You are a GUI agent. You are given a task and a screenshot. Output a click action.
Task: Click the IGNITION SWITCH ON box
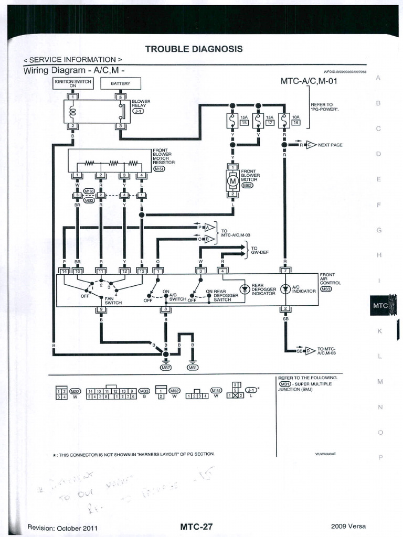(73, 83)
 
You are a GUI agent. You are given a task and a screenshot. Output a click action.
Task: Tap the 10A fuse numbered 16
(284, 122)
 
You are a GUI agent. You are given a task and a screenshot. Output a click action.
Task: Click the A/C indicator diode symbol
(285, 289)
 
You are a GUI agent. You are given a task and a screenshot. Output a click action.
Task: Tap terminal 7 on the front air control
(285, 271)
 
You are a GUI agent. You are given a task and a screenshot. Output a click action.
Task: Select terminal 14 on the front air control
(64, 271)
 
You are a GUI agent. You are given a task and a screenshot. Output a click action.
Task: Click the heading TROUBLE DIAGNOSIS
(194, 49)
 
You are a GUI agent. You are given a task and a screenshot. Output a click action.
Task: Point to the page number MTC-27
(196, 527)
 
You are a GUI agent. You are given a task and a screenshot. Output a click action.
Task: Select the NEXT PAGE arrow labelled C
(311, 145)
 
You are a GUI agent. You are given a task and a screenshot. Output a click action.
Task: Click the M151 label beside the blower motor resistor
(159, 169)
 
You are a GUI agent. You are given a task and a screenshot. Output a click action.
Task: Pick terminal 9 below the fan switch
(101, 309)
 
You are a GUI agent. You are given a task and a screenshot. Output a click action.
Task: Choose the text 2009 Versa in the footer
(348, 527)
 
